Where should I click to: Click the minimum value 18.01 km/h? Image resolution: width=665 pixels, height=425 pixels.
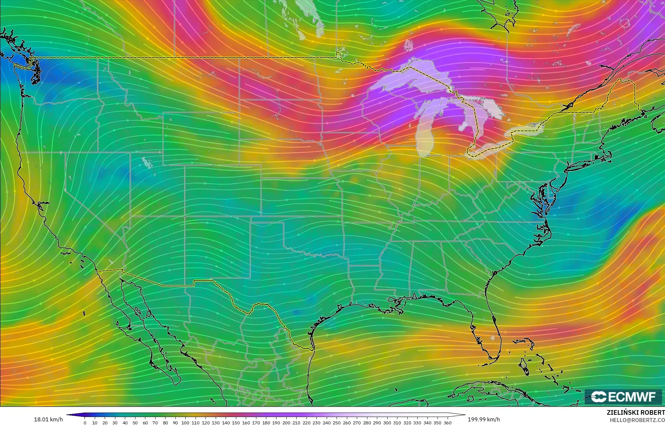(48, 419)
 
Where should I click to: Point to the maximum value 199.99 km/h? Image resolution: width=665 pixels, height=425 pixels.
(484, 419)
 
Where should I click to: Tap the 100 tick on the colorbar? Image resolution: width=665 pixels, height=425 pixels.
(185, 422)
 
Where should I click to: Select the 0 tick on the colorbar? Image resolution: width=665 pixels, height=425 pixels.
(85, 422)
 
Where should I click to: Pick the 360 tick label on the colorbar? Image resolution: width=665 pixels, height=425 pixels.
(447, 422)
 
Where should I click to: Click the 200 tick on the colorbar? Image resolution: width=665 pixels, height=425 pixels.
(286, 422)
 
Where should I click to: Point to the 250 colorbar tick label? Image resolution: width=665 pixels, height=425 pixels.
(337, 422)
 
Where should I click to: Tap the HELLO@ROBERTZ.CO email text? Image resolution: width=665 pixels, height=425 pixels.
(637, 420)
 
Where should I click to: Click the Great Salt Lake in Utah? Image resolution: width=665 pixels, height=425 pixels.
(146, 162)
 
